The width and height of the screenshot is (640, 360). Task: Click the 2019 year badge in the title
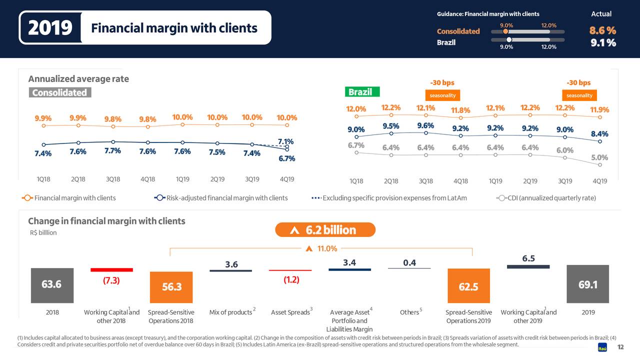coord(50,28)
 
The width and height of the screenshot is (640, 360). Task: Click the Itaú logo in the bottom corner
coord(602,348)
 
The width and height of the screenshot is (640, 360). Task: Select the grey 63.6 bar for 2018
coord(52,284)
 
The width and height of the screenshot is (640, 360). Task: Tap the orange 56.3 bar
coord(171,287)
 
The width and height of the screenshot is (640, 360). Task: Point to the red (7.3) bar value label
coord(111,280)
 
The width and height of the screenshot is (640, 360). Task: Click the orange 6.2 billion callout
coord(325,230)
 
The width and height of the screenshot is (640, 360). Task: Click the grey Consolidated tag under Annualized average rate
coord(59,92)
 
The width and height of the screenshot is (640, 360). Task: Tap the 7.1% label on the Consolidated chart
coord(285,141)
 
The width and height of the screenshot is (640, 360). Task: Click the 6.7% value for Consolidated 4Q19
coord(286,158)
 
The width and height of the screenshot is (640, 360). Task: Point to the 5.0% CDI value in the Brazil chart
coord(599,157)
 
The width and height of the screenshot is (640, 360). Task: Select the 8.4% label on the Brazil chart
coord(599,133)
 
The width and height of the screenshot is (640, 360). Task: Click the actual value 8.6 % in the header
coord(602,31)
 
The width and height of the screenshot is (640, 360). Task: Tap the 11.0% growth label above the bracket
coord(327,248)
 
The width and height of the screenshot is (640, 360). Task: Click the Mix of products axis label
coord(230,312)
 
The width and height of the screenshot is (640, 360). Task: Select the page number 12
coord(620,348)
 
